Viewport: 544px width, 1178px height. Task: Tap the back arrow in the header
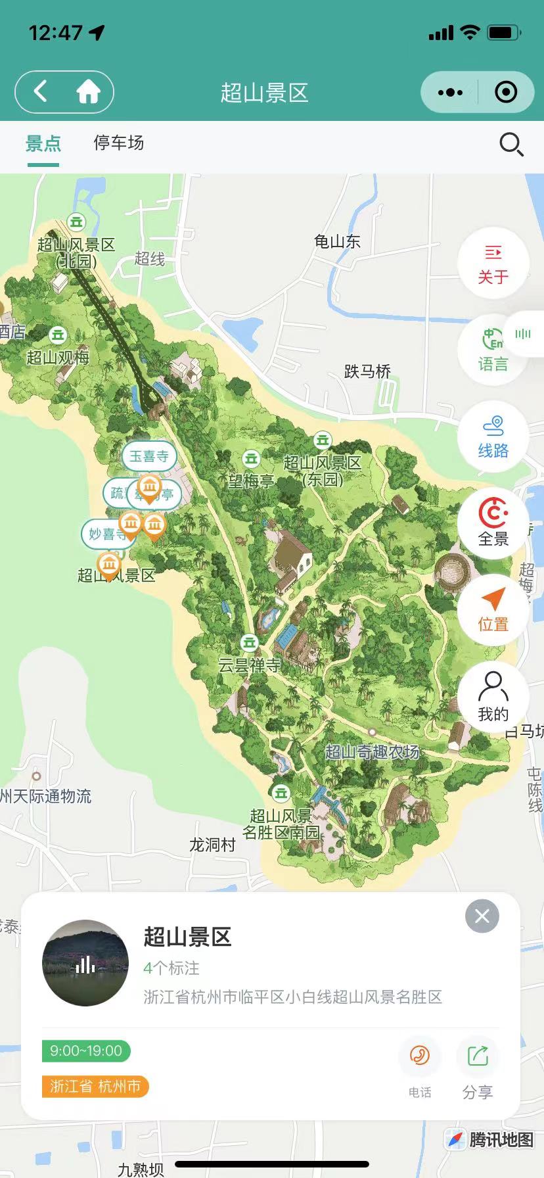tap(41, 91)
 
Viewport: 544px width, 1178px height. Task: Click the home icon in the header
tap(88, 92)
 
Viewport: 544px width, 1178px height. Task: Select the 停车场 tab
tap(118, 143)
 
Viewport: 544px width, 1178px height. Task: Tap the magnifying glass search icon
tap(510, 144)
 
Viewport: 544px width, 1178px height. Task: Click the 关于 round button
tap(493, 263)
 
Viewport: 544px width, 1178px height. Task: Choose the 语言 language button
tap(493, 350)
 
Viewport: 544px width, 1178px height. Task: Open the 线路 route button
tap(493, 436)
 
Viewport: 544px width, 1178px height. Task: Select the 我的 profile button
tap(493, 697)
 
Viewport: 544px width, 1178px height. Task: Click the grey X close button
tap(482, 916)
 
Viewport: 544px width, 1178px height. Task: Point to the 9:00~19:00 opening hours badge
tap(86, 1050)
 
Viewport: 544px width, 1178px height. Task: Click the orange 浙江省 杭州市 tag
tap(95, 1086)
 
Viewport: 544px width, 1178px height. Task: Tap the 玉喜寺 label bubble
tap(149, 456)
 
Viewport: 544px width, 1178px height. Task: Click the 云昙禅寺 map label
tap(250, 665)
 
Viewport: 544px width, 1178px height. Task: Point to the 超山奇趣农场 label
tap(372, 752)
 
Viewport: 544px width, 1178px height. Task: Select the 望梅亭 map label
tap(251, 481)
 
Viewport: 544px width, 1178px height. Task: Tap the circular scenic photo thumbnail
tap(85, 963)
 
